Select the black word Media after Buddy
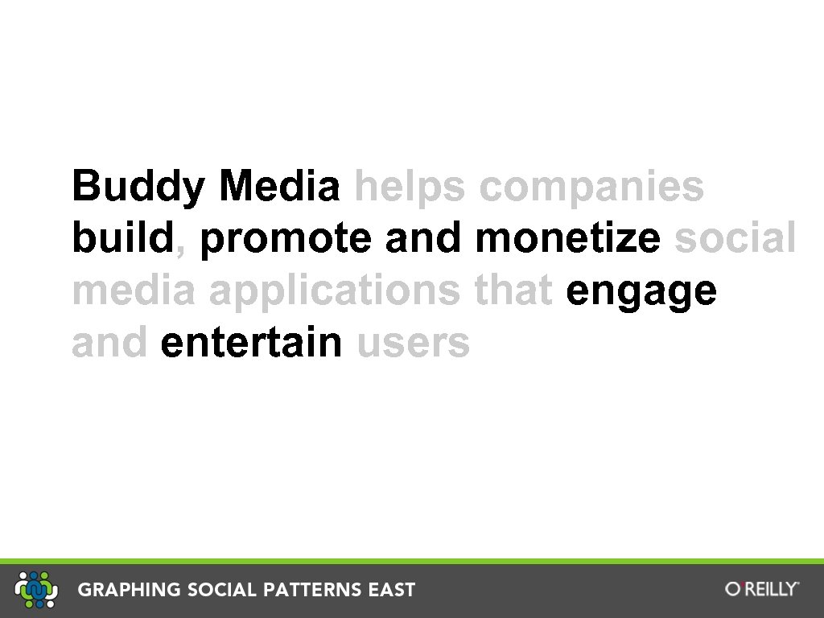point(279,186)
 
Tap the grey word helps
point(410,187)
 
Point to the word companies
point(591,187)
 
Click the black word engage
point(641,291)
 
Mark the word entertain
point(251,342)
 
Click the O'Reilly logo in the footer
point(762,589)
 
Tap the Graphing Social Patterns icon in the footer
point(37,589)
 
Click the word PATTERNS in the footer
point(309,590)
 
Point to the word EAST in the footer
point(392,590)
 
